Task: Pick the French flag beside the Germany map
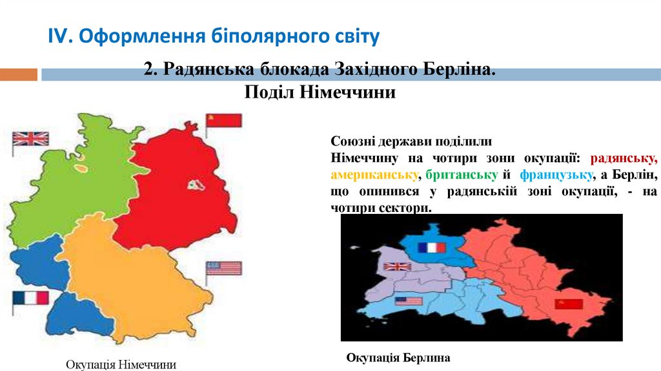click(31, 298)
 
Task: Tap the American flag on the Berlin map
click(408, 301)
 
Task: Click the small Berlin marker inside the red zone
click(196, 185)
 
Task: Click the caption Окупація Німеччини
click(121, 365)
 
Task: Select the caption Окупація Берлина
click(398, 357)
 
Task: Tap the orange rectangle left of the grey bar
click(18, 75)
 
